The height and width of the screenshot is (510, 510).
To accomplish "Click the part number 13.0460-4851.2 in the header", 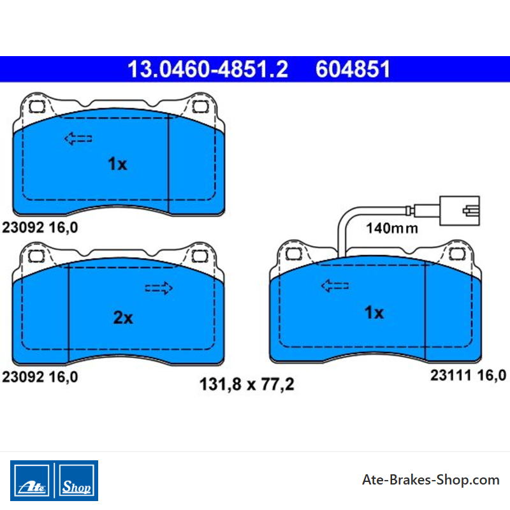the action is (x=208, y=69).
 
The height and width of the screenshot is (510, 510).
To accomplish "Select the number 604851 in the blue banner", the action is (x=353, y=69).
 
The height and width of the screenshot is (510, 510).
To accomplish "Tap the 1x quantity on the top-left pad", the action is (x=117, y=164).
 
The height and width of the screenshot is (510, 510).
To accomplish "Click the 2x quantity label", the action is (x=123, y=317).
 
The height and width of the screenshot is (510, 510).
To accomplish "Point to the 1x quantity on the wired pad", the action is (x=374, y=312).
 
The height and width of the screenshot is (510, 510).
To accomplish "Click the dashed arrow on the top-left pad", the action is (x=78, y=138).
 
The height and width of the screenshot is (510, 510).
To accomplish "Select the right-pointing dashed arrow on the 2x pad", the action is (x=159, y=288).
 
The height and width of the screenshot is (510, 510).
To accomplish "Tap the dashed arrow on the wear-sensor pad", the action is (x=335, y=286).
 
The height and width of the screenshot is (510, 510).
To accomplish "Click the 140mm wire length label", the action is (x=392, y=228).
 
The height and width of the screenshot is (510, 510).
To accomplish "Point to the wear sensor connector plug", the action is (x=459, y=211).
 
